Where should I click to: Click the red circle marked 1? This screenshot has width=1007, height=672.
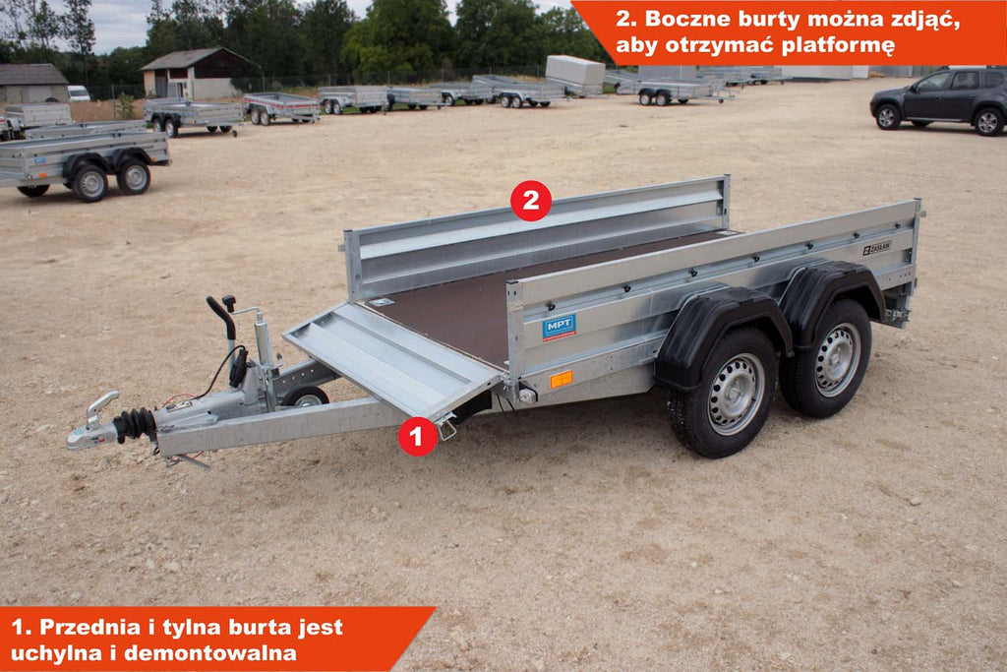(418, 436)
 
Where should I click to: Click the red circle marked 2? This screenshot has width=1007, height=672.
(530, 201)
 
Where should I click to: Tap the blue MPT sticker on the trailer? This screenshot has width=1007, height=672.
(559, 327)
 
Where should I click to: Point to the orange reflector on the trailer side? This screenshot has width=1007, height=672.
(561, 379)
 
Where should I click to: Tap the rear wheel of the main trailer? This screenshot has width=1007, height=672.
(829, 359)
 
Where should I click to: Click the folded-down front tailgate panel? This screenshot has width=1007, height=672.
(391, 359)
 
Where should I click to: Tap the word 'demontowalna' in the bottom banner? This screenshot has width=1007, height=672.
(210, 652)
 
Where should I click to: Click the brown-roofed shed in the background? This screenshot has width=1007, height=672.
(197, 73)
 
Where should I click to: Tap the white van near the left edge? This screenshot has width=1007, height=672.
(79, 93)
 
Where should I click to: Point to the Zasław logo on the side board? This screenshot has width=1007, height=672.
(876, 248)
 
